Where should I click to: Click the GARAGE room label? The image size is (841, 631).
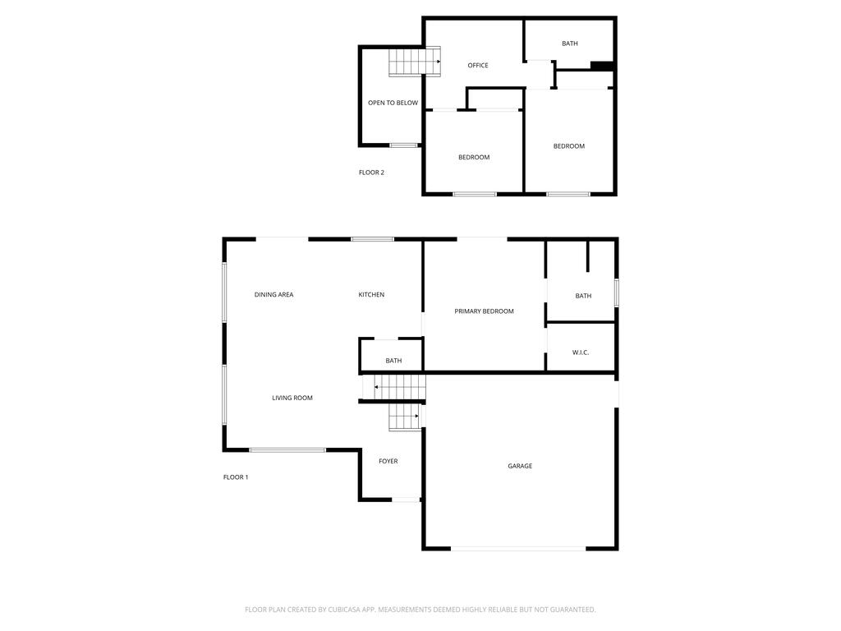point(520,466)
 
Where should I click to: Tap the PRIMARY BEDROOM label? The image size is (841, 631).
point(484,311)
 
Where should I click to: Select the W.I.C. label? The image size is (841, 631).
point(581,352)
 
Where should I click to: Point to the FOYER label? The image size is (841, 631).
point(388,462)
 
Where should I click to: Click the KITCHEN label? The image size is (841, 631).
point(371,295)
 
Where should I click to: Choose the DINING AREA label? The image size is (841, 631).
point(273,295)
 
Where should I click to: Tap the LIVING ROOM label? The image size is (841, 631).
point(292,398)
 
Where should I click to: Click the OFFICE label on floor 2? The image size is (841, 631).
point(478,66)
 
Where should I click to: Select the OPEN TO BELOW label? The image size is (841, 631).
point(393,104)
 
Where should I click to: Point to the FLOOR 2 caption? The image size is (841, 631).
point(371,173)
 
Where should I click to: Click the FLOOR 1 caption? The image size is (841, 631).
point(236,477)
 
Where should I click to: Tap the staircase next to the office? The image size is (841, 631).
point(407,62)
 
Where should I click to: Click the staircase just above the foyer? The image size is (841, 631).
point(404,417)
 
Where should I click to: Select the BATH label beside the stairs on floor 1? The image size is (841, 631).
point(394,361)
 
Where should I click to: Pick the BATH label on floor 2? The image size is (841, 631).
point(570,44)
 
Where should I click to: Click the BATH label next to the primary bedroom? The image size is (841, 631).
point(583,296)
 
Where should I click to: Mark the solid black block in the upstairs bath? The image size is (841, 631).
point(602,67)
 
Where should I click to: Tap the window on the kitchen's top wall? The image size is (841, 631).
point(372,239)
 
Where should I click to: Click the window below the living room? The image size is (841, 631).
point(287,449)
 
